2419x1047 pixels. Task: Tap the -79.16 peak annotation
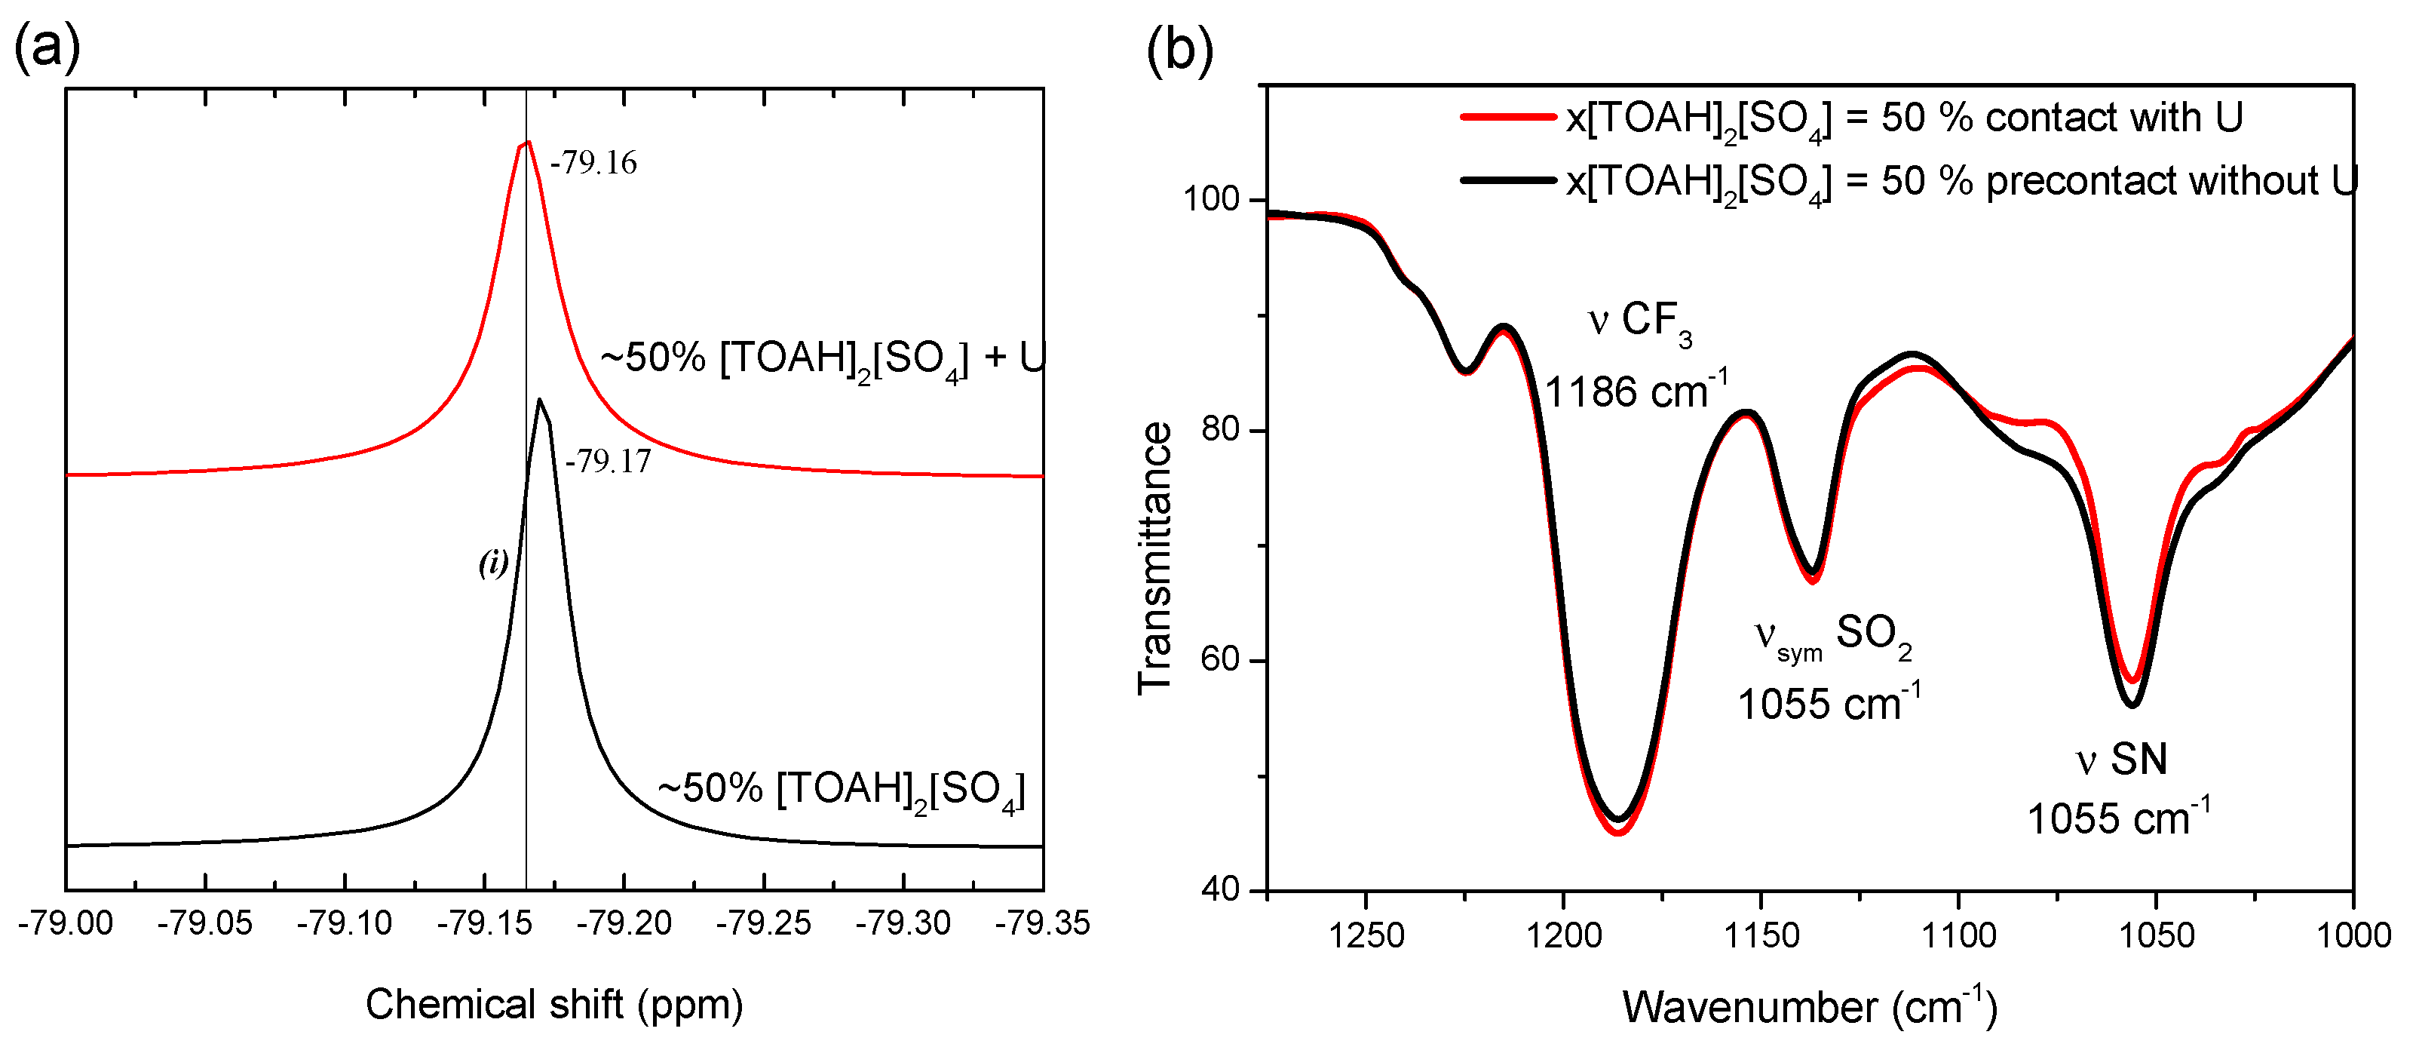(x=593, y=164)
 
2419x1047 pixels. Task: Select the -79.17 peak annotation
(x=608, y=461)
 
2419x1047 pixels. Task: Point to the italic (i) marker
(x=493, y=563)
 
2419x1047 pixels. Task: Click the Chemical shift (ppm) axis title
(x=554, y=1005)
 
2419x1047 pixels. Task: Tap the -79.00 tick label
(x=65, y=924)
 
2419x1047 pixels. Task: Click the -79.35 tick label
(x=1041, y=924)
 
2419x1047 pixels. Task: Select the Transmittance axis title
(x=1155, y=559)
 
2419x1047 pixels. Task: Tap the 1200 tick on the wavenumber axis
(x=1563, y=935)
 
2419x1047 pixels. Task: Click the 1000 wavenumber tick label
(x=2353, y=935)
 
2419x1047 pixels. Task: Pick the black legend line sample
(x=1508, y=180)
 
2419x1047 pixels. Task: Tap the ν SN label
(x=2120, y=760)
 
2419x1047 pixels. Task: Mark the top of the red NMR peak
(x=527, y=143)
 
